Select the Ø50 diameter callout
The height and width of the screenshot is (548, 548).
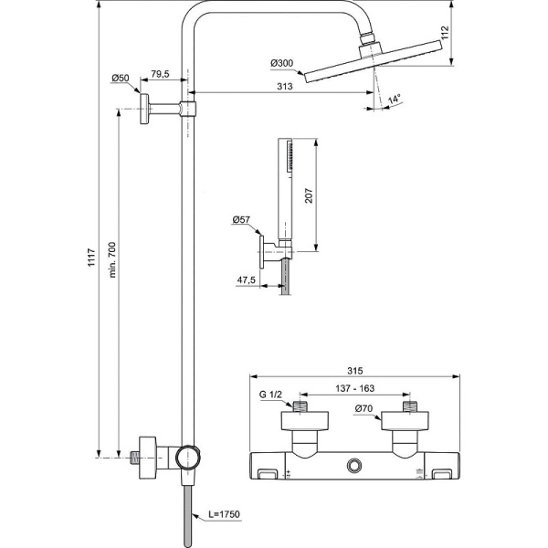(121, 79)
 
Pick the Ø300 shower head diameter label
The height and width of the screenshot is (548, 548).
(281, 62)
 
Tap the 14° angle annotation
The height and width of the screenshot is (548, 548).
(395, 99)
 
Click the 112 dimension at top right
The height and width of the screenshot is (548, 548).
(444, 34)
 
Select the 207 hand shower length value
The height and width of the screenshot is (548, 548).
(309, 195)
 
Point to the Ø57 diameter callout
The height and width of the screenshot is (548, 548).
(242, 220)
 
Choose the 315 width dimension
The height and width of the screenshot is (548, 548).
(355, 372)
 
